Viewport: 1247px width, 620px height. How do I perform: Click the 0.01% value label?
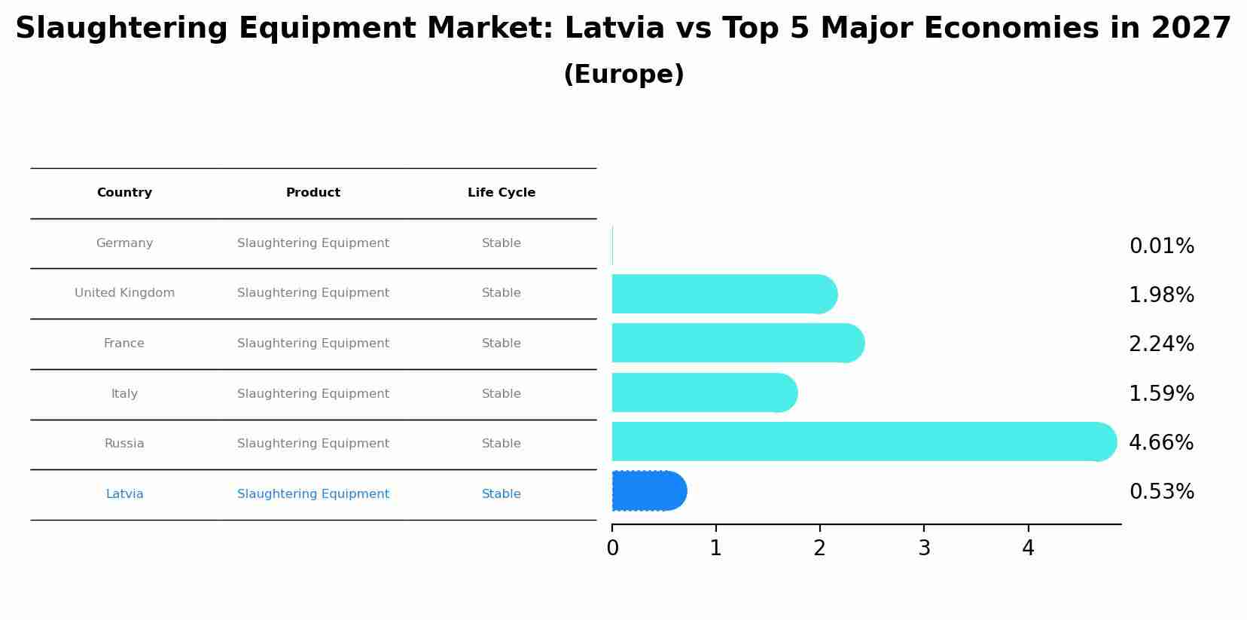(1161, 246)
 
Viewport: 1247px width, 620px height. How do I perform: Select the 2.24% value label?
(1161, 344)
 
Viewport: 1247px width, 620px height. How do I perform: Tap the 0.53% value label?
(1161, 492)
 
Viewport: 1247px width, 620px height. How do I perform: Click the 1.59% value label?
(1161, 394)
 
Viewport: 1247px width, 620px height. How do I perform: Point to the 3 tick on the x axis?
(924, 548)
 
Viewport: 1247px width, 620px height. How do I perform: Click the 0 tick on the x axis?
(612, 548)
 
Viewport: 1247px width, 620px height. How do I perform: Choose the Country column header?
(124, 193)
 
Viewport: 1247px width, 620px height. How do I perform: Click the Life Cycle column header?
(502, 193)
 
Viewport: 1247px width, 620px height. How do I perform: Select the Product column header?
(313, 193)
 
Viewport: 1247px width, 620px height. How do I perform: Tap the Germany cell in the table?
(124, 243)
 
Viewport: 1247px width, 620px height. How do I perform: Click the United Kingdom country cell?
(124, 293)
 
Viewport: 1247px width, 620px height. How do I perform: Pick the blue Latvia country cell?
(124, 494)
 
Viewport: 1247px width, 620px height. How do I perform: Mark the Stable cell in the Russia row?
(502, 444)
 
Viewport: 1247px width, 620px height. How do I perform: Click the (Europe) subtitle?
(623, 75)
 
